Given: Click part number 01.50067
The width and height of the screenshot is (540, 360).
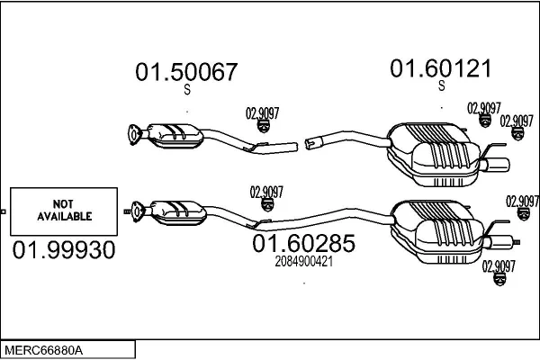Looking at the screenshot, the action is click(186, 72).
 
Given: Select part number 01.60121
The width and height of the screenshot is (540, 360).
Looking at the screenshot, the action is click(440, 68).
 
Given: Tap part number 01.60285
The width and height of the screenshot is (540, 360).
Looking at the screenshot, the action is click(303, 243).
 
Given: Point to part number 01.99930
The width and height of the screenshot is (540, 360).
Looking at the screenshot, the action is click(64, 250).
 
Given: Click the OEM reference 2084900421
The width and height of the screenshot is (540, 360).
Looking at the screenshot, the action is click(304, 262).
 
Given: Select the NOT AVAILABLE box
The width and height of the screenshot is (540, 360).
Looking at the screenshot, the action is click(64, 211).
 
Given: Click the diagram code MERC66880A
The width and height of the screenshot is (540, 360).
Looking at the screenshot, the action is click(44, 351).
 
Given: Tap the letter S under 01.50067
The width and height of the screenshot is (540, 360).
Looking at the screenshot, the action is click(187, 90).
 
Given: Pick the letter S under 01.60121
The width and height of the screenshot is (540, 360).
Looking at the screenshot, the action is click(442, 86).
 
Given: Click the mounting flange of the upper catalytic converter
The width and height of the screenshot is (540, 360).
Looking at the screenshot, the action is click(133, 134).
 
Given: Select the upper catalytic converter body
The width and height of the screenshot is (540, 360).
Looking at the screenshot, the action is click(175, 136).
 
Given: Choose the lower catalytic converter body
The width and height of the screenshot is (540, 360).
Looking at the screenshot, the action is click(179, 213).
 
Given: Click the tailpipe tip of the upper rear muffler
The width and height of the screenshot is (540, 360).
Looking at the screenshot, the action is click(498, 166).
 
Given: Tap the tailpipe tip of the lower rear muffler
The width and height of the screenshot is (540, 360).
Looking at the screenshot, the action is click(502, 242).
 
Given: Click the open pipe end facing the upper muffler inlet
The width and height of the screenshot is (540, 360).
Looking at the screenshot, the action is click(310, 143).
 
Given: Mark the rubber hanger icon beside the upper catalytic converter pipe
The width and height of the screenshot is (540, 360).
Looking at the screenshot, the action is click(263, 126).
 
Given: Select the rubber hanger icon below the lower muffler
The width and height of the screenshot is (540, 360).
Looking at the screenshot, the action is click(499, 279).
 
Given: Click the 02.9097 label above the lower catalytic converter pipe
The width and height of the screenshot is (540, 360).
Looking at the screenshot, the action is click(266, 193).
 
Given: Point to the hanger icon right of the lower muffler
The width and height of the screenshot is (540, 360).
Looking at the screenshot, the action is click(524, 214).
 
